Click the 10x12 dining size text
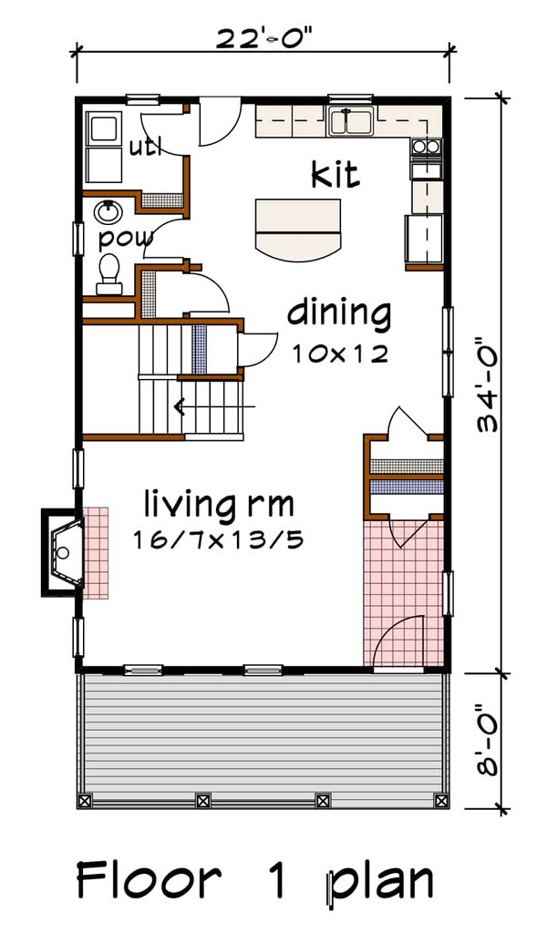click(x=340, y=354)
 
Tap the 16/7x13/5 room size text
click(x=217, y=540)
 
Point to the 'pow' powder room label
click(x=125, y=240)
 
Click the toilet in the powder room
click(x=109, y=273)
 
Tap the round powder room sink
click(x=108, y=212)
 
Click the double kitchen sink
click(x=350, y=121)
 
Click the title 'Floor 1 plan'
click(x=254, y=881)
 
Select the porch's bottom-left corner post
click(x=85, y=801)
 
